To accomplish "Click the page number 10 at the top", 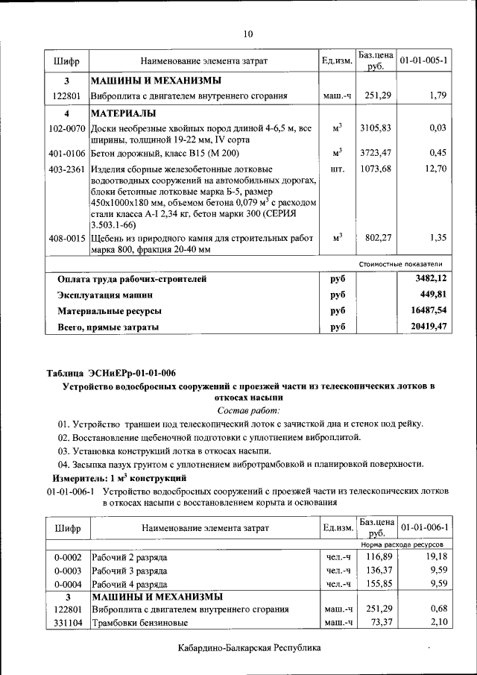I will point(248,33).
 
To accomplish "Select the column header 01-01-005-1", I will point(423,60).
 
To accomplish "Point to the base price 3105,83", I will point(375,129).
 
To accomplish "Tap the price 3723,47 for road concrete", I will point(375,154).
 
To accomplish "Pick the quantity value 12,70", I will point(434,169).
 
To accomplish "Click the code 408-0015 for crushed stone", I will point(66,239).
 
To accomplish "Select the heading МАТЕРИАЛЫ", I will point(124,114).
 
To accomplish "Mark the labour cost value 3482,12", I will point(431,279).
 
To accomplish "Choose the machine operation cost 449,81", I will point(433,295).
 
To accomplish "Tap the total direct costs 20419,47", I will point(429,327).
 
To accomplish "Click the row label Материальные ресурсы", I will point(110,311).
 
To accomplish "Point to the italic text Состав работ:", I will point(248,411).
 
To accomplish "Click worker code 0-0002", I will point(67,558).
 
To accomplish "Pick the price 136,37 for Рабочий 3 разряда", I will point(378,571).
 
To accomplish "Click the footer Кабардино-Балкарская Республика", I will point(249,649).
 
